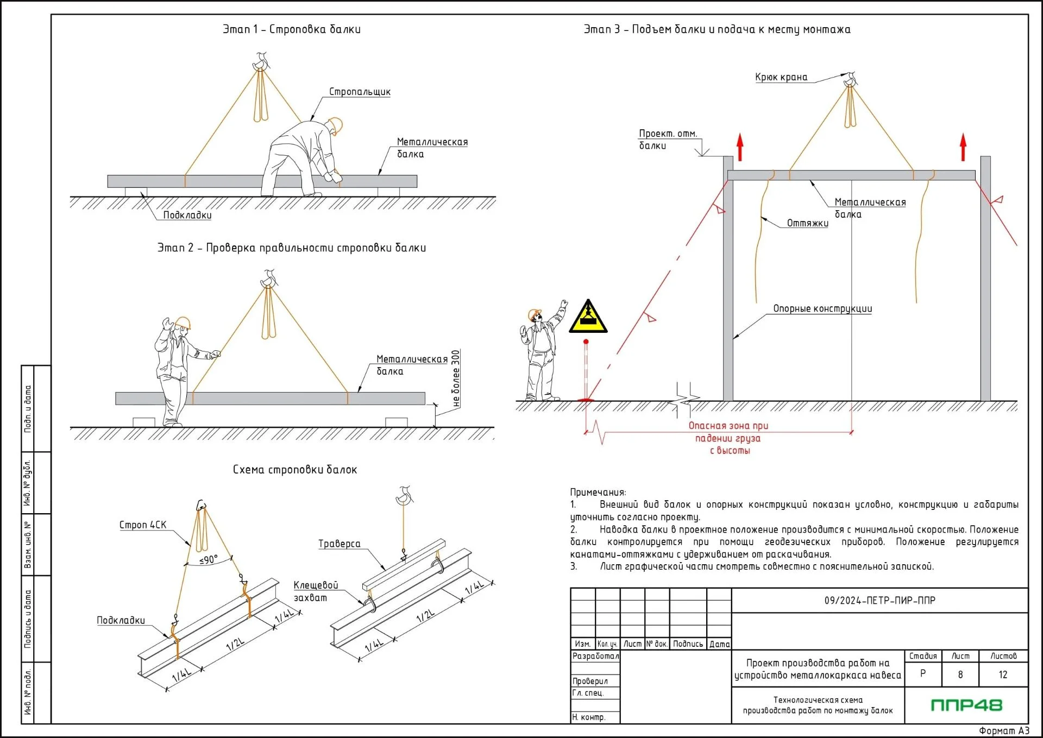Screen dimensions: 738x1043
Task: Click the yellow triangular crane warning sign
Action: [x=588, y=318]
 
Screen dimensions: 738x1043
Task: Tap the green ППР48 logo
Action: [x=966, y=705]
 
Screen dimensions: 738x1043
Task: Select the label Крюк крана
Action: [x=781, y=77]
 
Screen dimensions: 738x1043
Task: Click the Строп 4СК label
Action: [x=143, y=525]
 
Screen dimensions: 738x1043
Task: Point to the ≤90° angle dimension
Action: [x=209, y=559]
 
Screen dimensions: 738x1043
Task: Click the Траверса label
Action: [x=339, y=544]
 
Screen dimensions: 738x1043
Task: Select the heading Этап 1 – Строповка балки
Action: [x=291, y=29]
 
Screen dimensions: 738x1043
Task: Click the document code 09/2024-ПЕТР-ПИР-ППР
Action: [x=879, y=601]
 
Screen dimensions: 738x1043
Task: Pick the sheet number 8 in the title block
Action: [x=960, y=674]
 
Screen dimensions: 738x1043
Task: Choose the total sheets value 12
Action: [x=1003, y=674]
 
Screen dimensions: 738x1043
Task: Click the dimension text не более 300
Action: [x=456, y=379]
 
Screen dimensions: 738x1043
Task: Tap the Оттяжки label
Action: [x=807, y=223]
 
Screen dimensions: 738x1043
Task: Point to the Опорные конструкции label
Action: [x=822, y=308]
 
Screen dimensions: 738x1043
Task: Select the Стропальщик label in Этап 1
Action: [x=360, y=92]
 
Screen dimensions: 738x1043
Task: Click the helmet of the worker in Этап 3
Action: [x=534, y=314]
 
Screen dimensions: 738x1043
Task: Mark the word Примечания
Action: [x=598, y=492]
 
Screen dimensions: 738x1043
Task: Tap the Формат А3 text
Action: [x=1003, y=730]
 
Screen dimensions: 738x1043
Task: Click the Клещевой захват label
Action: [x=315, y=591]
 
